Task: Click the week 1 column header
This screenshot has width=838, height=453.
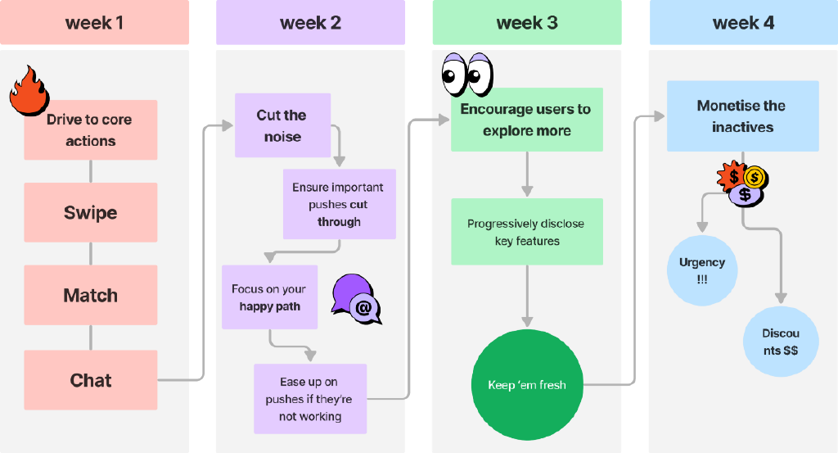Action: tap(94, 23)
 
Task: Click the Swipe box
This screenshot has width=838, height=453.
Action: tap(90, 213)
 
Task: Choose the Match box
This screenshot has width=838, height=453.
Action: tap(90, 295)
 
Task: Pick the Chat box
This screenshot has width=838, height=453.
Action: tap(90, 380)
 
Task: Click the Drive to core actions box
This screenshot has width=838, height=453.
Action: tap(90, 130)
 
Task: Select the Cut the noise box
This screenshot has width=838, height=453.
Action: tap(283, 125)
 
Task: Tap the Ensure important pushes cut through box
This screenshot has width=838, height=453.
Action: tap(339, 204)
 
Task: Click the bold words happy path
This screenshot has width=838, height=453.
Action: tap(269, 307)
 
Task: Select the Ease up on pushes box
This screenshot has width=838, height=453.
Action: tap(309, 399)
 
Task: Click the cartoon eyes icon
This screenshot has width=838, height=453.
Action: tap(466, 75)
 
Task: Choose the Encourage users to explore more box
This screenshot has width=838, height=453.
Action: tap(526, 120)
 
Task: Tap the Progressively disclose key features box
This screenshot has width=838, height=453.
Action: tap(526, 232)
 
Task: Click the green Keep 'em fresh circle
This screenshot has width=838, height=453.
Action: tap(527, 385)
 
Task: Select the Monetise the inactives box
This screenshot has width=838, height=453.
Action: tap(741, 116)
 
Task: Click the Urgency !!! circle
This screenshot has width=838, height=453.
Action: tap(701, 270)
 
